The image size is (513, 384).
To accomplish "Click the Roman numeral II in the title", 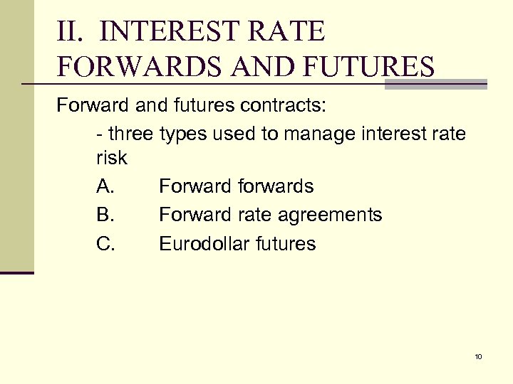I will [71, 32].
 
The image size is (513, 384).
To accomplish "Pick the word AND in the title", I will [256, 67].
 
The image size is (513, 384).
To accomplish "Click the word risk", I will [111, 158].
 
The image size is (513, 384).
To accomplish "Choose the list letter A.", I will [105, 186].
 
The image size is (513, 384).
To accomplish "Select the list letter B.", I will [105, 215].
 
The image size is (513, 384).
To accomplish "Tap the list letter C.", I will [105, 244].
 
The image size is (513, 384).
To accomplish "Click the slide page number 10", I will [478, 356].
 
